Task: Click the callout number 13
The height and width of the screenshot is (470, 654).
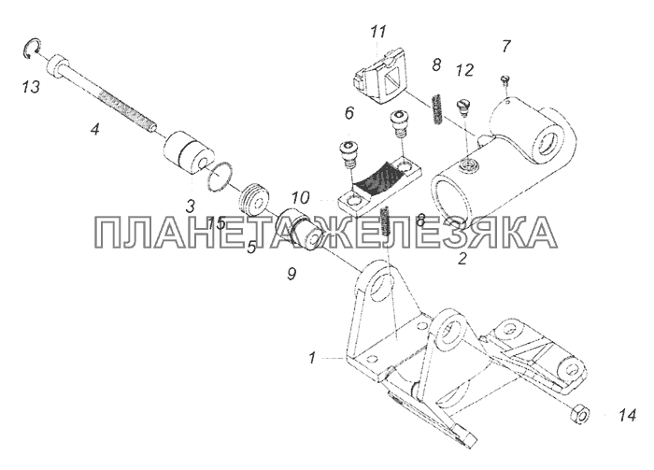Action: tap(31, 87)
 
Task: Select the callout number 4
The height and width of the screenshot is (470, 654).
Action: tap(95, 129)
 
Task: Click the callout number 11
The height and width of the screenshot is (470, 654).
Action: tap(378, 32)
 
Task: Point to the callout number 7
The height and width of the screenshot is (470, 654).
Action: tap(506, 46)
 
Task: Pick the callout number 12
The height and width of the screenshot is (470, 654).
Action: tap(464, 70)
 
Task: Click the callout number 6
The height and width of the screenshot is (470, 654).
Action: tap(349, 113)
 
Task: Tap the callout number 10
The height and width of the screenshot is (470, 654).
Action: tap(301, 197)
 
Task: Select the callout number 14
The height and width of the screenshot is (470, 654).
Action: tap(627, 415)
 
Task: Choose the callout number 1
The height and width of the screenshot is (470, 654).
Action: tap(311, 358)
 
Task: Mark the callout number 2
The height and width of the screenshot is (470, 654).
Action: tap(462, 259)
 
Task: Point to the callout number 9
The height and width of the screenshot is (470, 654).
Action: tap(291, 274)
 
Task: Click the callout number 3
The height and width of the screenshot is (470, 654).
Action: tap(191, 205)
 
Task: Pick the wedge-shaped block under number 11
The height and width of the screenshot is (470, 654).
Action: tap(379, 78)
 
